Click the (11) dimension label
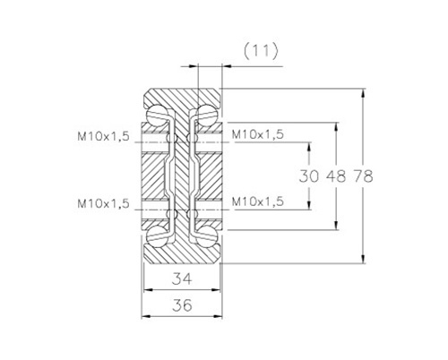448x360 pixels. (x=261, y=52)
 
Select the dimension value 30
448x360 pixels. (x=309, y=176)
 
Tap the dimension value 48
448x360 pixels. (x=336, y=176)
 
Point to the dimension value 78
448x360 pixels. (x=364, y=176)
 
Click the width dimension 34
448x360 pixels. (x=182, y=279)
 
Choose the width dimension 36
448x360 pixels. (x=182, y=305)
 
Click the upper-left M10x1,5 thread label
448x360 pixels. (x=103, y=137)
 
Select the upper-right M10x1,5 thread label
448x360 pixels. (x=257, y=135)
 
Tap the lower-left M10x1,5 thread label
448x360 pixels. (x=103, y=204)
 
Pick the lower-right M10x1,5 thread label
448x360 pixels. (x=257, y=202)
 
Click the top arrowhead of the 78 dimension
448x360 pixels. (x=363, y=93)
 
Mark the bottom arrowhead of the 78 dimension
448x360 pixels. (x=363, y=259)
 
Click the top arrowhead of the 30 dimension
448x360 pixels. (x=309, y=147)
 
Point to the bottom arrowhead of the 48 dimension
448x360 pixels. (x=336, y=226)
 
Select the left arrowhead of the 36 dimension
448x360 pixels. (x=146, y=316)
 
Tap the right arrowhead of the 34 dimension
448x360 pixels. (x=216, y=290)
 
